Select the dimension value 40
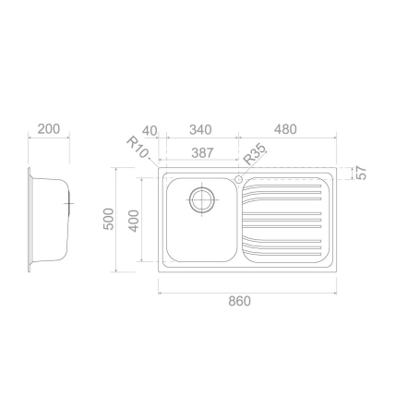pos(151,129)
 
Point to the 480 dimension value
pos(286,129)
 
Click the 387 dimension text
pos(199,151)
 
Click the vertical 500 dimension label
pos(109,221)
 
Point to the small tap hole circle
pos(237,177)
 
